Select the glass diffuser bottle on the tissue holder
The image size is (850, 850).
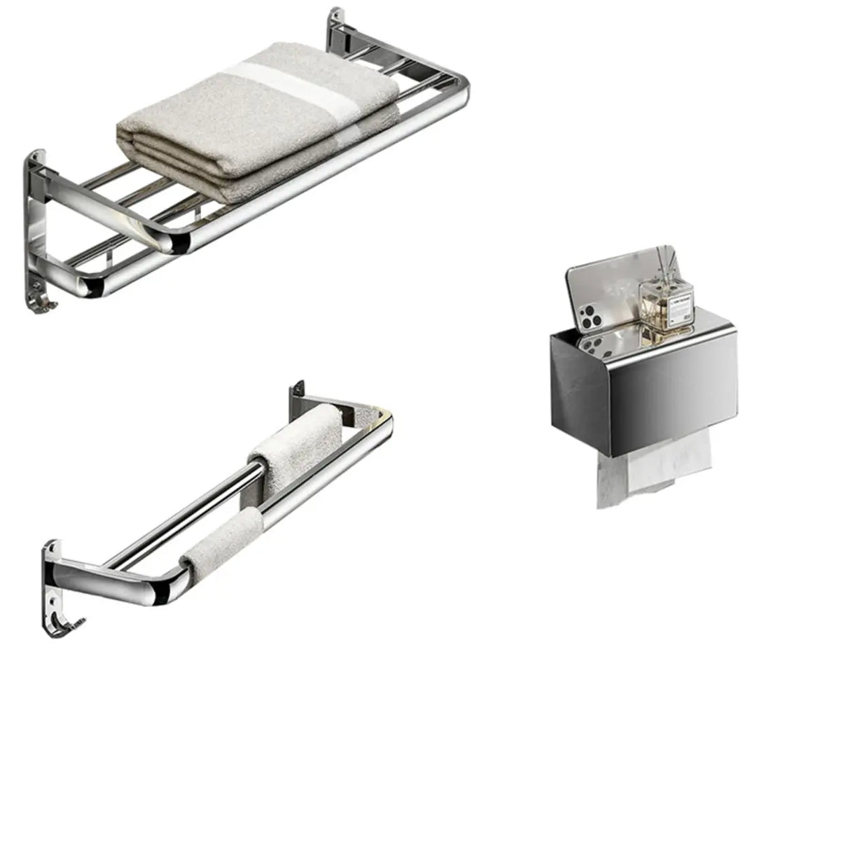[x=666, y=301]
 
